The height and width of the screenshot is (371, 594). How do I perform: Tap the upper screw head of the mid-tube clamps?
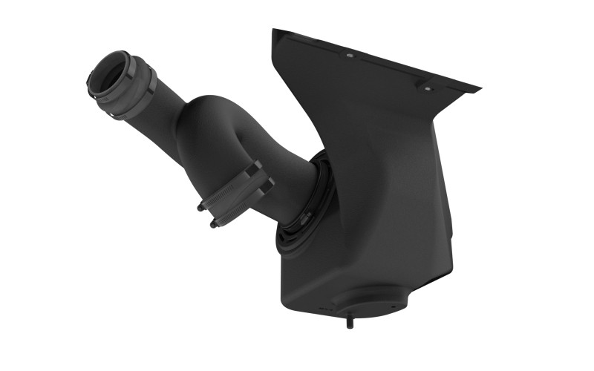click(x=200, y=208)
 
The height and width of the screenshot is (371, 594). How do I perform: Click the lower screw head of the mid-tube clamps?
click(x=213, y=224)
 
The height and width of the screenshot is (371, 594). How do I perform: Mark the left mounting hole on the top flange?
click(x=347, y=55)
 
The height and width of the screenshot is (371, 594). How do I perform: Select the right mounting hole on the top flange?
click(x=427, y=88)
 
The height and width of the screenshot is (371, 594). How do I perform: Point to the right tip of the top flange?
click(x=479, y=90)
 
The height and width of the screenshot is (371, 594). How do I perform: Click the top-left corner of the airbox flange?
click(x=275, y=31)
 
